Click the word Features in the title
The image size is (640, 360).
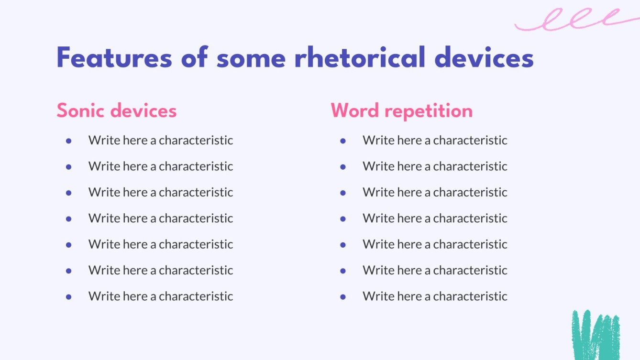(x=114, y=59)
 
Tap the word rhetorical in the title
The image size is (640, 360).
(x=359, y=59)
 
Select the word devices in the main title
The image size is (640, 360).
(x=484, y=59)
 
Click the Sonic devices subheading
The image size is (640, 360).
(x=117, y=111)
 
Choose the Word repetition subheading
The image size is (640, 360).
(x=401, y=111)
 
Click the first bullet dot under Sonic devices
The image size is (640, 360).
(x=68, y=141)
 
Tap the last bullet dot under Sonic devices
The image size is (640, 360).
(x=68, y=296)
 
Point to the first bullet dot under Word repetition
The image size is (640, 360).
(x=342, y=141)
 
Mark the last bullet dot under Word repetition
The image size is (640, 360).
(x=342, y=296)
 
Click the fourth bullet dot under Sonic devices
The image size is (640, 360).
(x=68, y=218)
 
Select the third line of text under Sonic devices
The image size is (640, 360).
(x=161, y=192)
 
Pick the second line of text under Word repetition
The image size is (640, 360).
(x=435, y=166)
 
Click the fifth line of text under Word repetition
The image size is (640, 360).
(x=435, y=244)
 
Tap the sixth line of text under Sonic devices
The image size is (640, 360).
(x=161, y=270)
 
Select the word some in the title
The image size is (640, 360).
(x=251, y=59)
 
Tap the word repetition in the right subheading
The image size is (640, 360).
(x=429, y=111)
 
